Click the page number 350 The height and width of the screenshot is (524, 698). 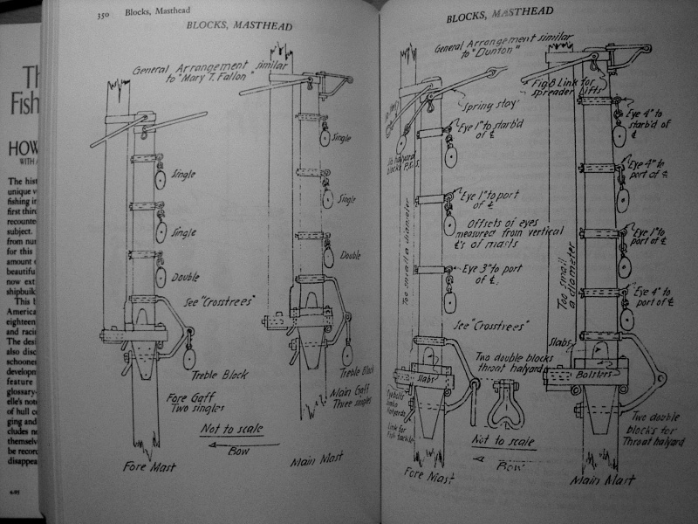click(x=103, y=14)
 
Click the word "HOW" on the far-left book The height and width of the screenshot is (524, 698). click(x=19, y=149)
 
